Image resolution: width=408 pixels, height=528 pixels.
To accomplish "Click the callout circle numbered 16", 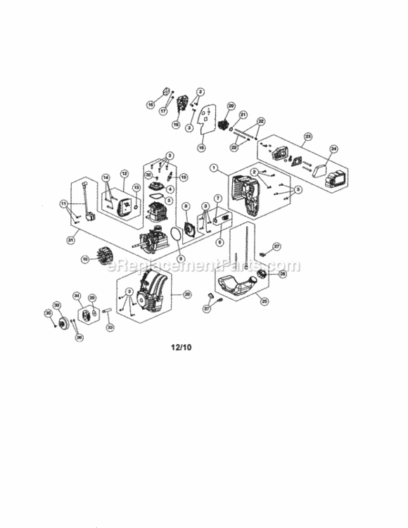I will [150, 104].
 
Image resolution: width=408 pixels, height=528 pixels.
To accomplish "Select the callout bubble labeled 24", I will [334, 149].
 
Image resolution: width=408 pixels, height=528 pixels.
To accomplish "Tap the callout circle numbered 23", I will [307, 137].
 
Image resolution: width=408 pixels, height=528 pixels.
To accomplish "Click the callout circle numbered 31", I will [70, 240].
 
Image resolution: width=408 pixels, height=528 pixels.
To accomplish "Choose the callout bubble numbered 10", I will [84, 259].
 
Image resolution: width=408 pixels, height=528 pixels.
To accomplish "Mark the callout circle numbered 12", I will [124, 173].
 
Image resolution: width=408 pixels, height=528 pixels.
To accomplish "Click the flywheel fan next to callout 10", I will [103, 258].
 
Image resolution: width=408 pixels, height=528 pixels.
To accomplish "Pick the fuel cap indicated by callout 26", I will [265, 274].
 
